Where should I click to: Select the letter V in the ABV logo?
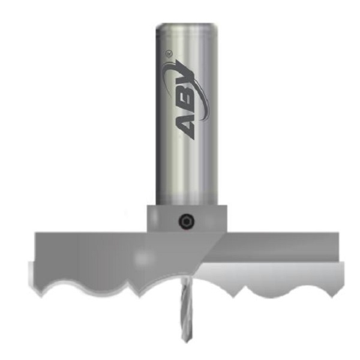[x=184, y=77]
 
